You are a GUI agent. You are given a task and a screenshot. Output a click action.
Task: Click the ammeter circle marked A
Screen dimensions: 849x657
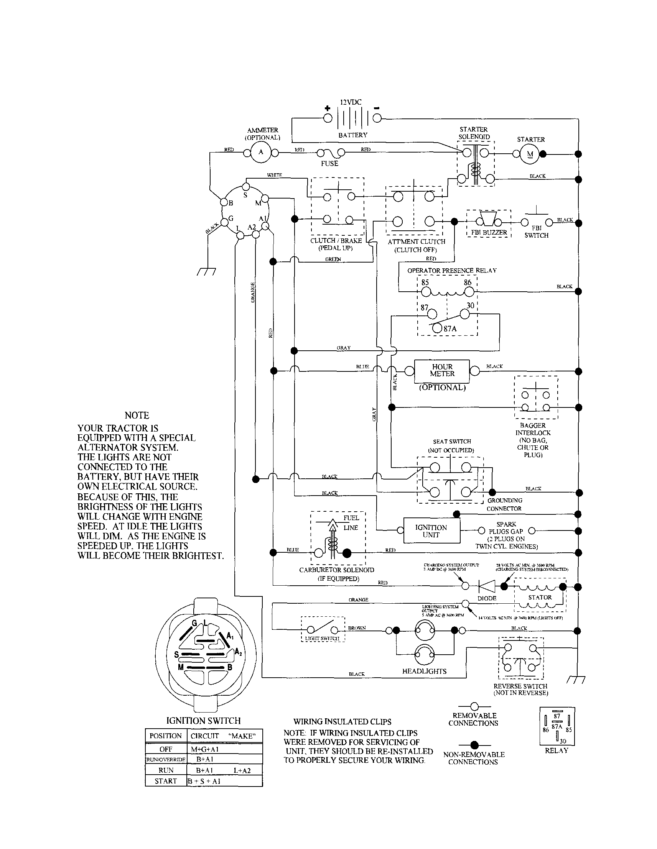(x=261, y=153)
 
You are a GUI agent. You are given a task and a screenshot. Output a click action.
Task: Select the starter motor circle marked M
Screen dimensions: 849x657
(x=530, y=154)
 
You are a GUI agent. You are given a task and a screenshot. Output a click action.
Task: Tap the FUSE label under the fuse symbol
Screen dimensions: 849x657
(x=329, y=164)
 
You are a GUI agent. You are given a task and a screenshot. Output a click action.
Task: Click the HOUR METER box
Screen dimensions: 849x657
(x=442, y=371)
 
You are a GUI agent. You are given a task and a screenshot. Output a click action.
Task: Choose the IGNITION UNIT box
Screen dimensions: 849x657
(x=431, y=531)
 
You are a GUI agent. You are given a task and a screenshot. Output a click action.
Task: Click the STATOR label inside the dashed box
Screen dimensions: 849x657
(x=540, y=597)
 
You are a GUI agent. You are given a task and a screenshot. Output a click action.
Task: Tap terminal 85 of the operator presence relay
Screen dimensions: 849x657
(x=426, y=292)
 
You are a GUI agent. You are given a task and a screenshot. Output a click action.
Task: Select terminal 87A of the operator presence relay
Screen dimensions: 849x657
(x=437, y=328)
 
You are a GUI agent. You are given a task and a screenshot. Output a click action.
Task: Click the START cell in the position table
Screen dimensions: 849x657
(x=166, y=781)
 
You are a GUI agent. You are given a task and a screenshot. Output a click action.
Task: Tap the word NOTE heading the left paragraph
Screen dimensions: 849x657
(x=137, y=415)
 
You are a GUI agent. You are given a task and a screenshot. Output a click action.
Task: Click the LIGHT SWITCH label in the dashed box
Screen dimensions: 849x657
(x=322, y=638)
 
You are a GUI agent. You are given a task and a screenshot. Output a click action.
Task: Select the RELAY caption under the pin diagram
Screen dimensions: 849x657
(x=556, y=750)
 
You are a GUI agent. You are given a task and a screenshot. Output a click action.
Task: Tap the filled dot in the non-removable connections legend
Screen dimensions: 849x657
(x=474, y=745)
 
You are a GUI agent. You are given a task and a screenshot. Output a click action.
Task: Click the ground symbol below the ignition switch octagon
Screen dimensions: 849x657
(x=206, y=272)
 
